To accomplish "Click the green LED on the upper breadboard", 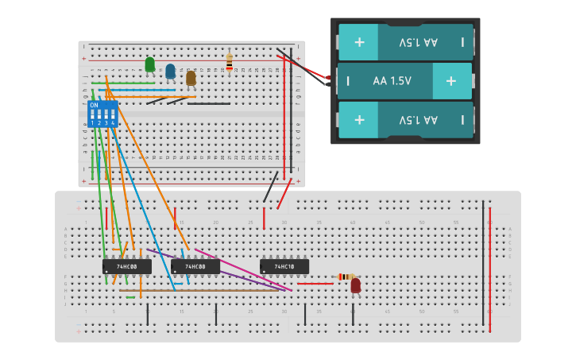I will [149, 64].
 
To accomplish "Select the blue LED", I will [170, 71].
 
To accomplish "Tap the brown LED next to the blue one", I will [191, 77].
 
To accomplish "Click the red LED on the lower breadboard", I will [355, 285].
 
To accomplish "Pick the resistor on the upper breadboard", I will [230, 62].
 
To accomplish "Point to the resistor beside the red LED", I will [345, 277].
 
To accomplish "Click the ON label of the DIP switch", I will [94, 105].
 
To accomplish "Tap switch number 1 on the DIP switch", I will [92, 116].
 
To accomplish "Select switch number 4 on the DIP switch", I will [113, 116].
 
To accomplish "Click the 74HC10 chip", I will [284, 267].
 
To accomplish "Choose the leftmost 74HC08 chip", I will [127, 267].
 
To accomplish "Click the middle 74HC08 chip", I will [195, 267].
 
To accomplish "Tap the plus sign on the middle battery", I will [451, 81].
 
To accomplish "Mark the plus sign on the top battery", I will [359, 41].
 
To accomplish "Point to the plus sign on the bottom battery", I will [359, 120].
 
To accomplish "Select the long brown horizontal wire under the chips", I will [207, 290].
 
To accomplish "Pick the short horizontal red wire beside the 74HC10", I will [315, 284].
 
